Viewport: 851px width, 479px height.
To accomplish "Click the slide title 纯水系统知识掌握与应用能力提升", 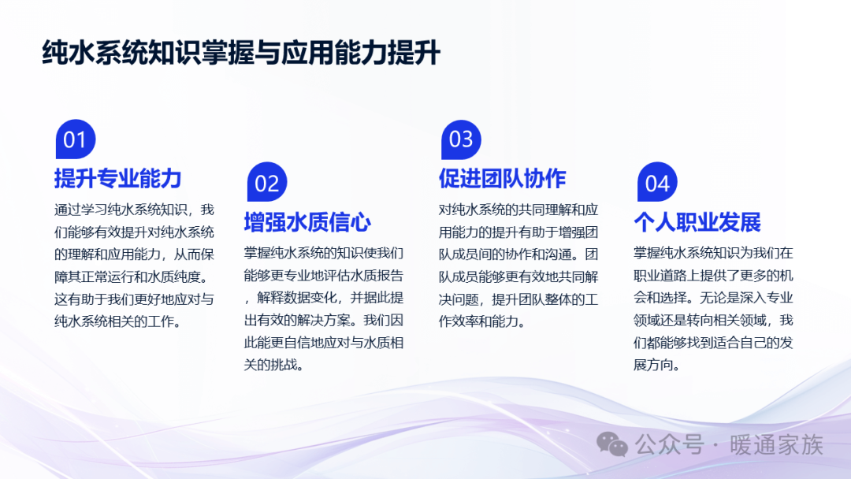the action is point(241,53).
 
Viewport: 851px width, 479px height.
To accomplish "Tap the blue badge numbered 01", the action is point(76,139).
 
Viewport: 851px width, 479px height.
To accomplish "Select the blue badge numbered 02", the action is point(267,182).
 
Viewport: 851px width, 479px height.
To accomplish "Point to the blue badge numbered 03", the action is point(461,139).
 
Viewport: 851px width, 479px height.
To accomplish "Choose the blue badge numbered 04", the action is point(657,182).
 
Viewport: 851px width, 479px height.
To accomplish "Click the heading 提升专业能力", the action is point(117,179).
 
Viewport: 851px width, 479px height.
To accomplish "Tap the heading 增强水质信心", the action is point(308,222).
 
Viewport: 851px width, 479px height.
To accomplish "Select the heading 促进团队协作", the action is point(503,179).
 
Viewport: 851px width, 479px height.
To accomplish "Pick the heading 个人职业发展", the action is point(697,222).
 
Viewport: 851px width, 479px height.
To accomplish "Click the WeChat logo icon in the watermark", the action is point(612,445).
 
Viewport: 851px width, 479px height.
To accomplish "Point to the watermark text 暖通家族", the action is point(777,445).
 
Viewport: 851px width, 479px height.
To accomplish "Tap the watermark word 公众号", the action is point(670,445).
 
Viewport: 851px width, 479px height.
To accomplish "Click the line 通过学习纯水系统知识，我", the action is point(134,210).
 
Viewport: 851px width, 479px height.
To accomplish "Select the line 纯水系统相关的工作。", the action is point(117,321).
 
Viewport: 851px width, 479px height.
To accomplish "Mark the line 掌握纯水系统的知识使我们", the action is point(324,254).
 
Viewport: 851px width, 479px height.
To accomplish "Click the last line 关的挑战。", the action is point(273,365).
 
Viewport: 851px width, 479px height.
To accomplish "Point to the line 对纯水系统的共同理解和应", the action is point(518,210).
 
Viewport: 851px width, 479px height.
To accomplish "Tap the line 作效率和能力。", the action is point(482,321).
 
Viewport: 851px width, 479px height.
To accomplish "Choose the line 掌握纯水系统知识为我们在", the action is point(713,254).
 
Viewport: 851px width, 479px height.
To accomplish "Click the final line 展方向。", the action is point(657,365).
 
